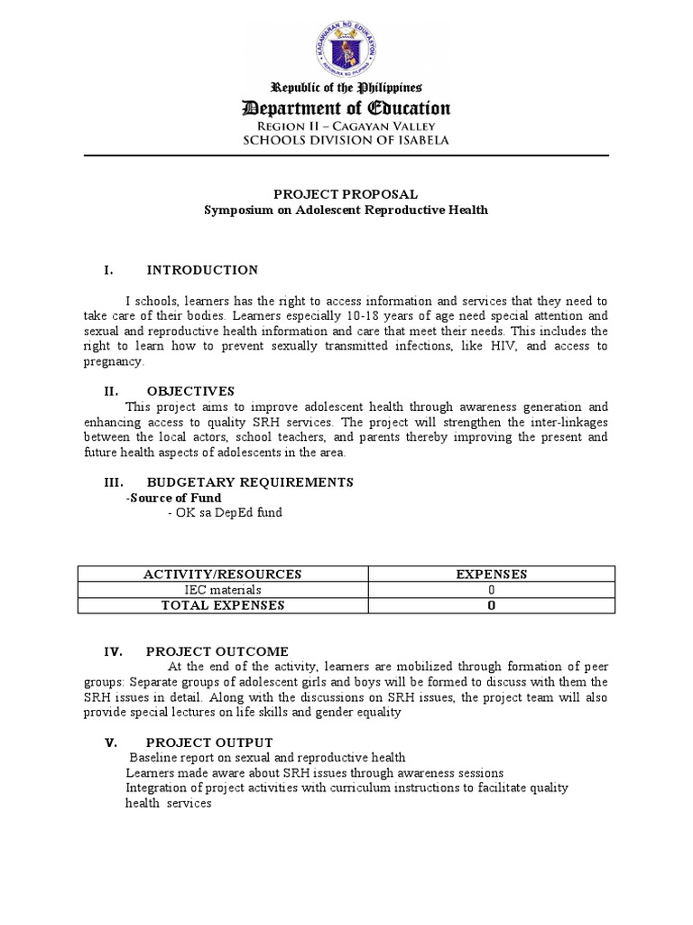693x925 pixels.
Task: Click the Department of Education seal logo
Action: click(346, 42)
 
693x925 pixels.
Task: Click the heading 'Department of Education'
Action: click(346, 108)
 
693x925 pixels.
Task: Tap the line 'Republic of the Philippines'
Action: click(346, 87)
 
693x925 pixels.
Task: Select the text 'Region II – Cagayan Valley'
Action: click(346, 126)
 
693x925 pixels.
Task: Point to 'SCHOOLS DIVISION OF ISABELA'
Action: click(346, 140)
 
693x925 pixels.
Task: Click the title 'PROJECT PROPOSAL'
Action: click(346, 194)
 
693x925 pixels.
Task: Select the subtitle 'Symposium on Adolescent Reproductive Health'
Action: click(346, 210)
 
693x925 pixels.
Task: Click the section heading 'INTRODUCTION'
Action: click(202, 270)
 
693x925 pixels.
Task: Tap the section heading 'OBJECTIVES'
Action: click(190, 391)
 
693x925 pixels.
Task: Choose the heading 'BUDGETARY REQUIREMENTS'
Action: click(250, 481)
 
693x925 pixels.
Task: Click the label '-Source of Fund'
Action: click(173, 498)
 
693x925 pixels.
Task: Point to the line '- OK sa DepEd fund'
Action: click(225, 513)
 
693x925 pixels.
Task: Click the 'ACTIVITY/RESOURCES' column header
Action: click(223, 575)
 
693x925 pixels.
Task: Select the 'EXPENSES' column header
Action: click(491, 575)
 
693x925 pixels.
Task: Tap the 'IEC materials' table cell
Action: click(223, 590)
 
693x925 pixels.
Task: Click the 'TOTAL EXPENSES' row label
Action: click(223, 605)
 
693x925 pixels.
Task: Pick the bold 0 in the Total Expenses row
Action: click(491, 606)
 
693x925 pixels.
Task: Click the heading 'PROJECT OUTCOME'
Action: click(217, 651)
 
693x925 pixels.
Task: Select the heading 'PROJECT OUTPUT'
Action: click(209, 743)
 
